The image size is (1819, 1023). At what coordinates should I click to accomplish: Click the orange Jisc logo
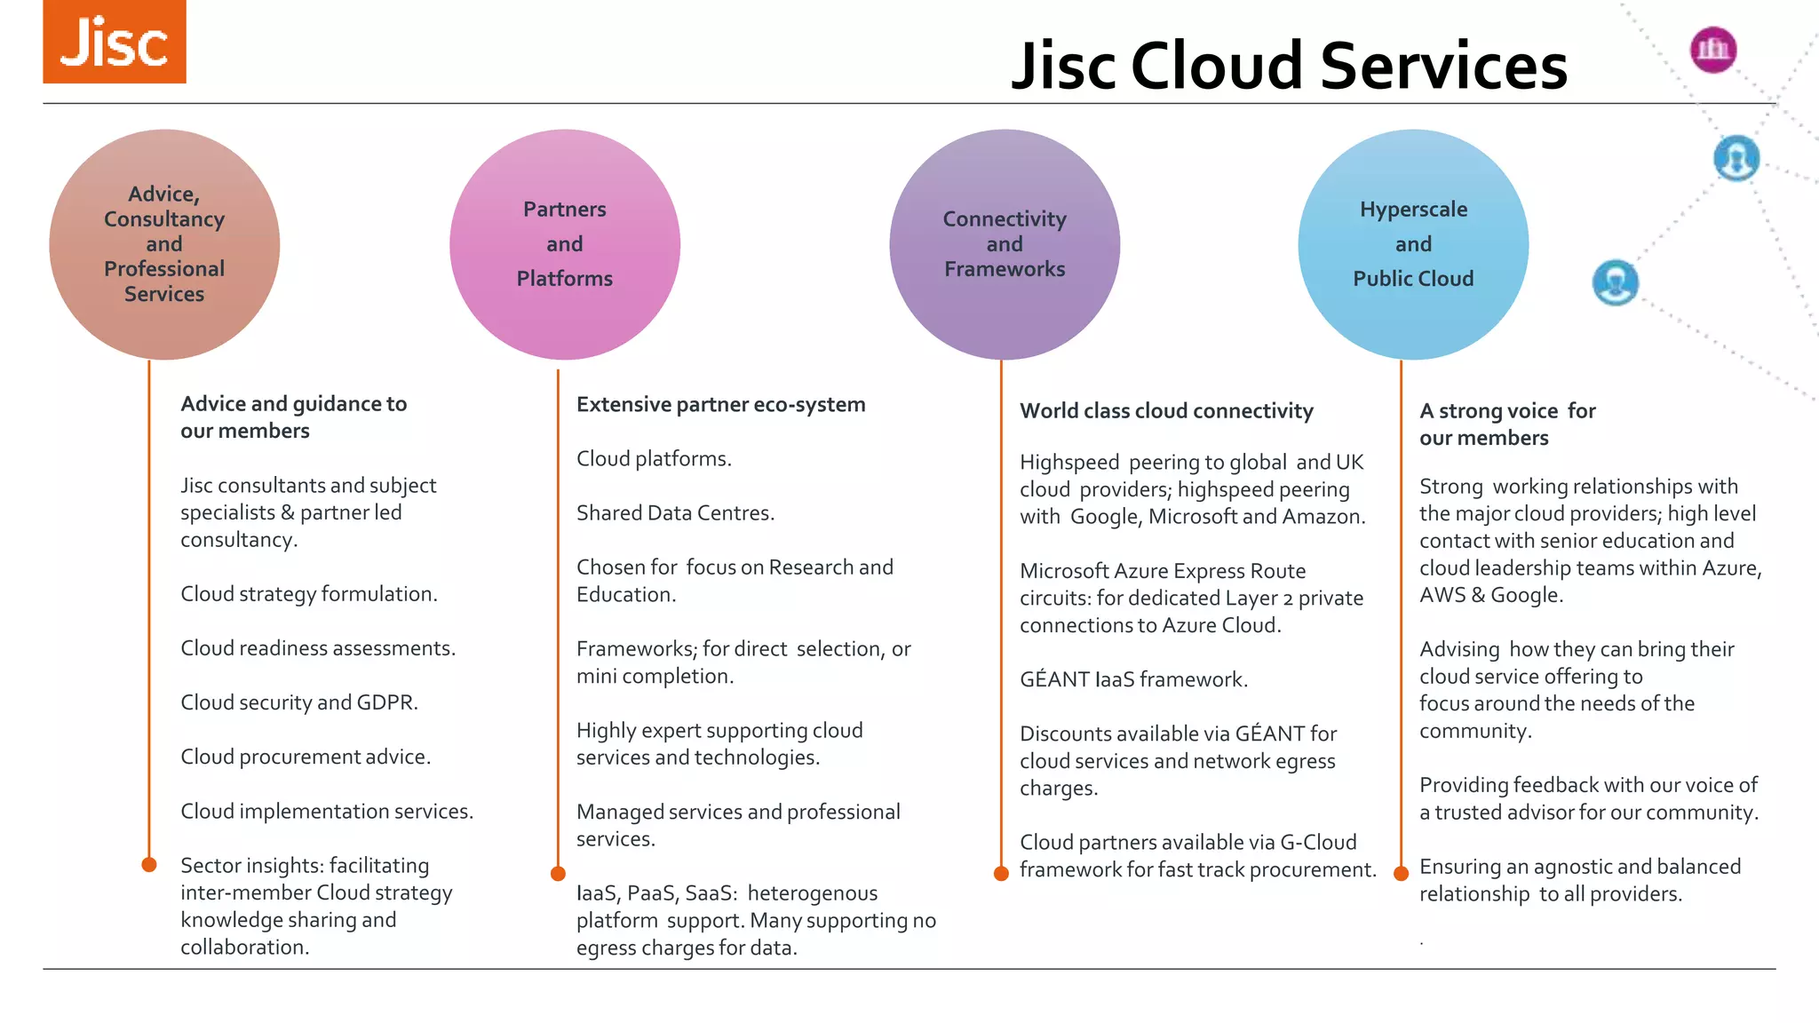click(115, 42)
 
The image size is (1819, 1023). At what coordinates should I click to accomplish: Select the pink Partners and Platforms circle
click(565, 244)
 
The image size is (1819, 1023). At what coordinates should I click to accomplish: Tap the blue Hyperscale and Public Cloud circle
click(1413, 244)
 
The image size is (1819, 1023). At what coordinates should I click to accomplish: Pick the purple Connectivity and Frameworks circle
click(1005, 244)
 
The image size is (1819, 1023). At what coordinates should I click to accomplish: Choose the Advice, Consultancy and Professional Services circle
click(164, 244)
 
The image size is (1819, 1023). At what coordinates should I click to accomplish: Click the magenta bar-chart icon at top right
click(1712, 50)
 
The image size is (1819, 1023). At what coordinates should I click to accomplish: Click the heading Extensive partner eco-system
click(720, 405)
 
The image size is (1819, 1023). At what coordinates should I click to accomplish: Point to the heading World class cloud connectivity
click(1166, 411)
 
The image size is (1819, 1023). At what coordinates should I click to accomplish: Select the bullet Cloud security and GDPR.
click(298, 702)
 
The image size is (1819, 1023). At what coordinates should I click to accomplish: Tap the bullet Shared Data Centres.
click(675, 513)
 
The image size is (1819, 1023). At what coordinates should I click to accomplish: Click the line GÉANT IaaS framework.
click(1133, 680)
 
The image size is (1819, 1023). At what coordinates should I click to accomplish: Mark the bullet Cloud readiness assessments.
click(317, 648)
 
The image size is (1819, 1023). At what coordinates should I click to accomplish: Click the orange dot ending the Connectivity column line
click(1001, 873)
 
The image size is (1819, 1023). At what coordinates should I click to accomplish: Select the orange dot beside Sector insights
click(149, 864)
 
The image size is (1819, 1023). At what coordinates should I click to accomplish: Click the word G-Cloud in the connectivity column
click(1318, 843)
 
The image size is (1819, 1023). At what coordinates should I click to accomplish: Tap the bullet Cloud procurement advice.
click(305, 757)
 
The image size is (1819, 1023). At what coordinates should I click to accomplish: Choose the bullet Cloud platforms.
click(654, 459)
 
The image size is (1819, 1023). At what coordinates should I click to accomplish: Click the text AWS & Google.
click(1489, 595)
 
